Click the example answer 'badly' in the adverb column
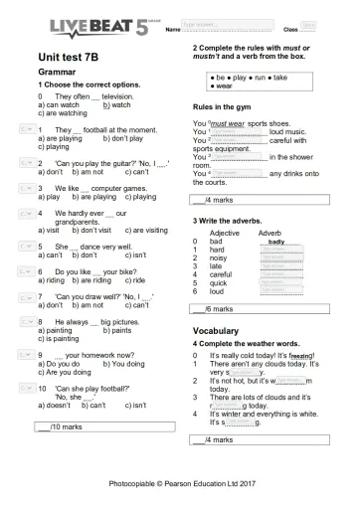pos(276,242)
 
